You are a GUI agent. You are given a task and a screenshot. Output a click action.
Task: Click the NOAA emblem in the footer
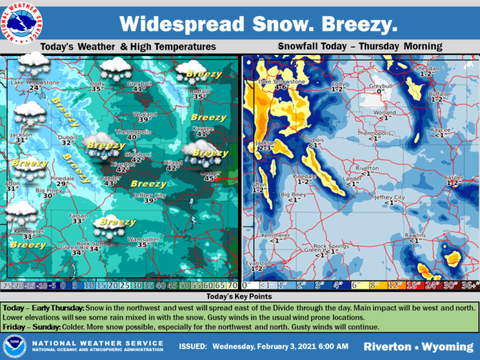pos(14,345)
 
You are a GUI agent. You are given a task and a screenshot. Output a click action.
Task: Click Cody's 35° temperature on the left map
pos(97,88)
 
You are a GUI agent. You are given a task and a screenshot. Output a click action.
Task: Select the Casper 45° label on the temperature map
pos(210,178)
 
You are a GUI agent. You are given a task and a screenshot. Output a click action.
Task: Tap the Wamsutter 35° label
pos(143,244)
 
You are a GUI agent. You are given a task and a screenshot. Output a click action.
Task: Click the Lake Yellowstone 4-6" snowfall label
pos(281,88)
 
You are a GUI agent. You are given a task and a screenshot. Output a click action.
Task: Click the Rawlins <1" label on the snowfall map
pos(412,240)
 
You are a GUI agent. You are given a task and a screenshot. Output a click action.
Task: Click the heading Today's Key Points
pos(239,294)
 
